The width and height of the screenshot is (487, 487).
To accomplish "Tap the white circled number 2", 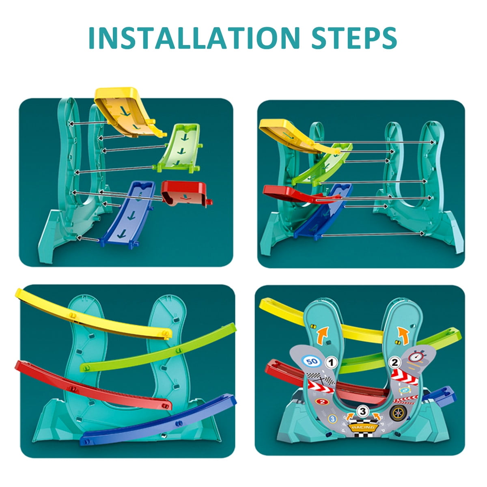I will click(x=394, y=362).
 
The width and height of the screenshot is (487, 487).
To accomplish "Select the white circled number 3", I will click(x=362, y=412).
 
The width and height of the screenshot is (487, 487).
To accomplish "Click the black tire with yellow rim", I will click(x=397, y=413).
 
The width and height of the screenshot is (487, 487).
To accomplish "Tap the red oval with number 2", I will click(x=322, y=402).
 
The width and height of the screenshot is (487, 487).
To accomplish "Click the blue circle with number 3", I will click(x=332, y=418).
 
